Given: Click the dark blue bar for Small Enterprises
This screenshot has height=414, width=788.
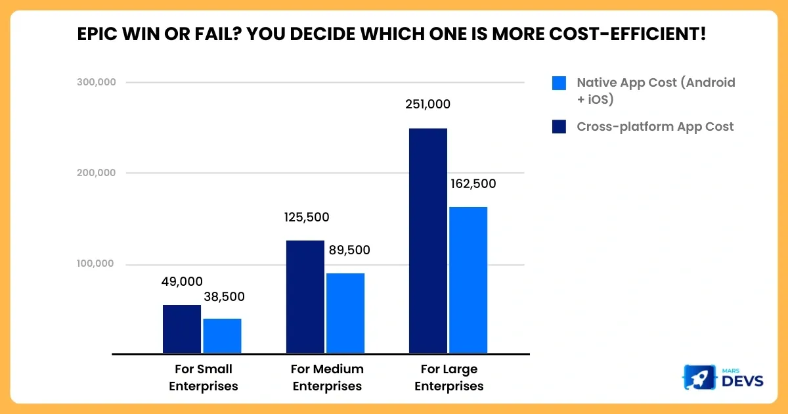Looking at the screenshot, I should [182, 329].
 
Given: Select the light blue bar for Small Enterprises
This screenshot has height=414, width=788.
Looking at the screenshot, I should [222, 336].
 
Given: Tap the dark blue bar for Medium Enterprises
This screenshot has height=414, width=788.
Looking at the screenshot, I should [305, 297].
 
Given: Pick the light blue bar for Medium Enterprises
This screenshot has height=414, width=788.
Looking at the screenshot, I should [345, 313].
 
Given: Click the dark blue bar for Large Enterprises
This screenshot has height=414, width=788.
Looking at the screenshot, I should [428, 241].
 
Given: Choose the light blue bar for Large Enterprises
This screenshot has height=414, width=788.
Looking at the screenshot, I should [468, 280].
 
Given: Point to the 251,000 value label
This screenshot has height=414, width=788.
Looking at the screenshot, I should [427, 104].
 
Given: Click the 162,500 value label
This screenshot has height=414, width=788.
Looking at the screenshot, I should [473, 184].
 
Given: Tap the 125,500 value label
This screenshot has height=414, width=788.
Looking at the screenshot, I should [307, 218].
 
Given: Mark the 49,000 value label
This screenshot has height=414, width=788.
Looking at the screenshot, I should [182, 282].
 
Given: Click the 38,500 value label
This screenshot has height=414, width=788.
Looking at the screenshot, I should [223, 297].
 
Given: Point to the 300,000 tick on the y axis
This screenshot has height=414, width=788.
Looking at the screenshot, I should [97, 82].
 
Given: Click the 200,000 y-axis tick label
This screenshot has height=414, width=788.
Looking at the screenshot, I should [97, 173].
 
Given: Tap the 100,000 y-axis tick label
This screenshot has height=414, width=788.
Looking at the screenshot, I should [97, 264].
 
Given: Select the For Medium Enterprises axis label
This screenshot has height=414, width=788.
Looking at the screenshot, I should [327, 377].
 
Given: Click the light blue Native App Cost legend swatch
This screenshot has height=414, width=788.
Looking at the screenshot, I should [559, 83].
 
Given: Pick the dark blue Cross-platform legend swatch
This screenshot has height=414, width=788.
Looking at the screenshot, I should [559, 126].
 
